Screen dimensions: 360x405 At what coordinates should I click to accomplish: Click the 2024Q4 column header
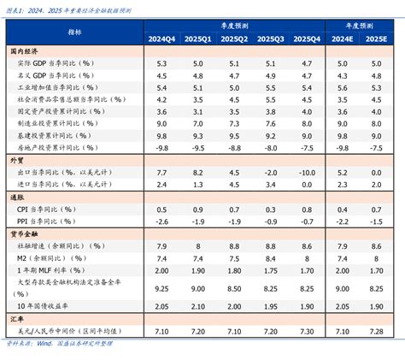tap(161, 39)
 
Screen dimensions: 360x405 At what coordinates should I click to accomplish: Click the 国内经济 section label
tap(25, 52)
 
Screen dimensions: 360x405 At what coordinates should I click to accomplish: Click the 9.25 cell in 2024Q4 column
tap(161, 288)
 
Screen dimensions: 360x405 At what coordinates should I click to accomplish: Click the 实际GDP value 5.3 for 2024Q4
tap(161, 64)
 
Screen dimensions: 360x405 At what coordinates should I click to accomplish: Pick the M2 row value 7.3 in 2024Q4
tap(161, 258)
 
